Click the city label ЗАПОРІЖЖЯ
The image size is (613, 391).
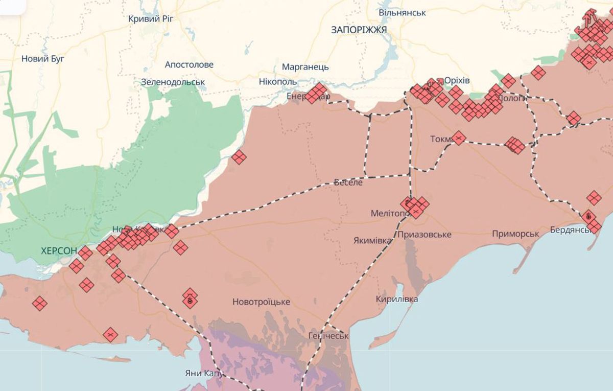pyautogui.click(x=359, y=30)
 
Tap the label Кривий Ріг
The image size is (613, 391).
pyautogui.click(x=152, y=19)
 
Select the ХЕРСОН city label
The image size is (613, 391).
pyautogui.click(x=59, y=251)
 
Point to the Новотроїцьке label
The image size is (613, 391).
pyautogui.click(x=261, y=302)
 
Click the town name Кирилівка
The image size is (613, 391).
pyautogui.click(x=396, y=299)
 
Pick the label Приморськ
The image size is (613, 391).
pyautogui.click(x=515, y=234)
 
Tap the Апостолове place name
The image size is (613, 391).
pyautogui.click(x=189, y=65)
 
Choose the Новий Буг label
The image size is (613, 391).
pyautogui.click(x=43, y=59)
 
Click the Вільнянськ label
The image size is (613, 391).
pyautogui.click(x=402, y=12)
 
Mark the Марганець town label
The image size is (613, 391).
pyautogui.click(x=305, y=67)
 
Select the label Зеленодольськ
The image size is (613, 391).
pyautogui.click(x=173, y=82)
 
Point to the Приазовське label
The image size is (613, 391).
pyautogui.click(x=424, y=234)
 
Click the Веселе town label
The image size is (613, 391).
pyautogui.click(x=348, y=182)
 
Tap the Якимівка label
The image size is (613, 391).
pyautogui.click(x=373, y=240)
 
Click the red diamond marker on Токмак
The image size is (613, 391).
pyautogui.click(x=459, y=138)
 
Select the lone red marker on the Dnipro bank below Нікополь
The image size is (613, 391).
pyautogui.click(x=239, y=157)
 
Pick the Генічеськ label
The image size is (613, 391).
pyautogui.click(x=328, y=336)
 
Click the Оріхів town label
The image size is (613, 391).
pyautogui.click(x=457, y=81)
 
